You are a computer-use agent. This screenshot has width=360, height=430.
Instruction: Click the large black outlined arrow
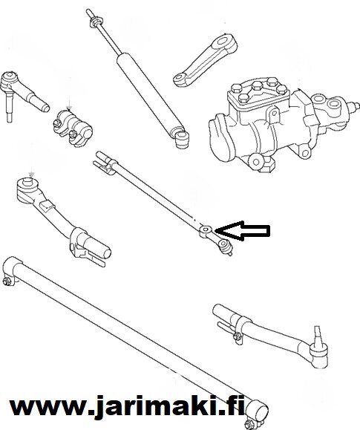(243, 231)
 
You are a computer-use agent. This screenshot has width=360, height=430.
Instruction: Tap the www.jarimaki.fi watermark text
(127, 408)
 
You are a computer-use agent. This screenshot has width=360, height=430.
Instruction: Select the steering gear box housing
(277, 123)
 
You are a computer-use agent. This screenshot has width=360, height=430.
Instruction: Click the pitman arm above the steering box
(205, 60)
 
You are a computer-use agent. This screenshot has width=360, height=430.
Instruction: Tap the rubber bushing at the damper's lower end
(182, 140)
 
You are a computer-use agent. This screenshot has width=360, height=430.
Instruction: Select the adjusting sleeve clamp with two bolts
(73, 128)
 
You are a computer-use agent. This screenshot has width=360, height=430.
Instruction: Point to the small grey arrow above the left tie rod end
(32, 175)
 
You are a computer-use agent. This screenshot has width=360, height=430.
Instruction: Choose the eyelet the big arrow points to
(205, 229)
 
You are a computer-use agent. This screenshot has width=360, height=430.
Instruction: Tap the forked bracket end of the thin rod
(103, 163)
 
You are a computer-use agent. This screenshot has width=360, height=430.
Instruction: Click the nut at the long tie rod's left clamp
(7, 281)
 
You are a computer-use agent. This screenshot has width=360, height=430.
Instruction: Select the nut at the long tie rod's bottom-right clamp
(250, 424)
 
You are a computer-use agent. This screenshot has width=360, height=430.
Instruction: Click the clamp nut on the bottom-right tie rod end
(238, 336)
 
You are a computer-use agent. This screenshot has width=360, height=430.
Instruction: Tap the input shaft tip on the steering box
(355, 105)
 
